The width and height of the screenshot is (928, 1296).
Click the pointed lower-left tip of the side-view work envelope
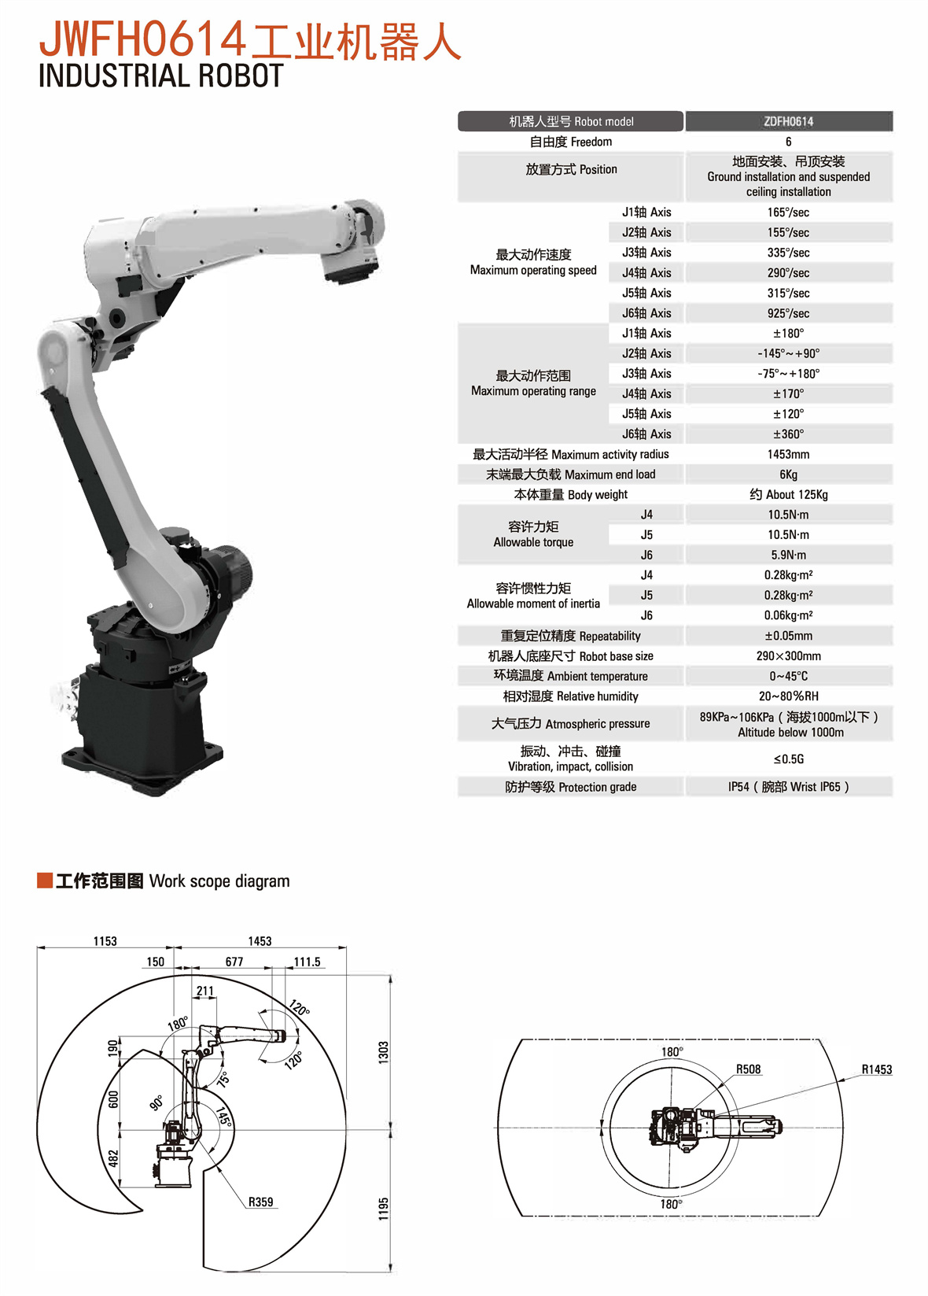click(142, 1209)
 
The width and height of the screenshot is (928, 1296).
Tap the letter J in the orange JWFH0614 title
click(51, 39)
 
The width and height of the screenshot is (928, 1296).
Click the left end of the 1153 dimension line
click(37, 947)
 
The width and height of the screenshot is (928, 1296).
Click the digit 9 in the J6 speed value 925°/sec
click(771, 314)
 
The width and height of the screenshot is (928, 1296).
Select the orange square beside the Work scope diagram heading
click(45, 881)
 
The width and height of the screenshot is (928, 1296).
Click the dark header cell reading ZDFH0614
click(789, 121)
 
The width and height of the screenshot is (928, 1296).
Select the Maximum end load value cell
click(789, 474)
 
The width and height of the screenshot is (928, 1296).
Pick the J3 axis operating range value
click(789, 374)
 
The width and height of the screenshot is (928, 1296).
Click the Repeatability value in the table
click(789, 636)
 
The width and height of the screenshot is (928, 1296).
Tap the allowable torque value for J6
click(789, 555)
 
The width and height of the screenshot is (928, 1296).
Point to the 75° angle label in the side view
click(223, 1080)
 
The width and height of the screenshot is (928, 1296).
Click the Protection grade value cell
click(789, 787)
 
